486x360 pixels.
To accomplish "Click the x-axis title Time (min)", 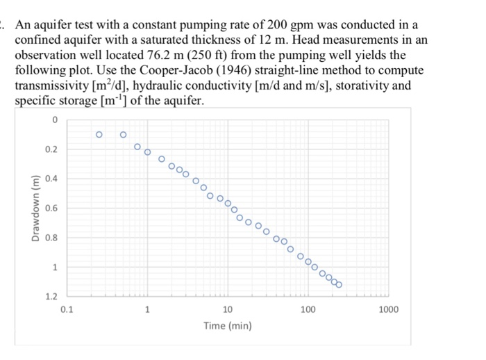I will [228, 325].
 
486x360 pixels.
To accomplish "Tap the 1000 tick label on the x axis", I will [389, 309].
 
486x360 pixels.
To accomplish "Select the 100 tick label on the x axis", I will [309, 309].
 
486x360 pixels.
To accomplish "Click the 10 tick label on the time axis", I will [228, 309].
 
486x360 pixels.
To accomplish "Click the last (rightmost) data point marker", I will [339, 284].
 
